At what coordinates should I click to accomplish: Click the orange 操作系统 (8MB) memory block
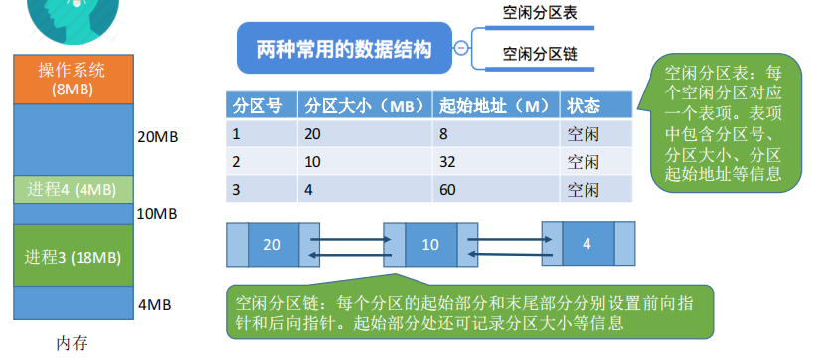coord(74,80)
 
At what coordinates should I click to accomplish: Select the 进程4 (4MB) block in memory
coord(74,189)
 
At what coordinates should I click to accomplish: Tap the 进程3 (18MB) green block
coord(74,257)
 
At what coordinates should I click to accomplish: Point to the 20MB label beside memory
coord(158,137)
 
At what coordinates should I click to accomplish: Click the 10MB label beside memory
coord(157,214)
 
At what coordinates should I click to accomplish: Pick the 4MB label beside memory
coord(154,305)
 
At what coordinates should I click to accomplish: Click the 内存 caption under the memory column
coord(73,343)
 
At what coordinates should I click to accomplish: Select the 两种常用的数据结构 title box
coord(344,48)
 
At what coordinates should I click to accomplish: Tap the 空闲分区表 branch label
coord(540,13)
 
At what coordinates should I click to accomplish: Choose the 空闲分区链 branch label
coord(540,54)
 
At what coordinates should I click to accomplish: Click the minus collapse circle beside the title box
coord(461,48)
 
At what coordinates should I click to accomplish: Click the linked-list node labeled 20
coord(272,245)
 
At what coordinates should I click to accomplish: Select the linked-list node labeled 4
coord(588,244)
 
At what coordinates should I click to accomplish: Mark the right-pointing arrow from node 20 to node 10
coord(351,239)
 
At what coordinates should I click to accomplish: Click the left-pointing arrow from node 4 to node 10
coord(510,254)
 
